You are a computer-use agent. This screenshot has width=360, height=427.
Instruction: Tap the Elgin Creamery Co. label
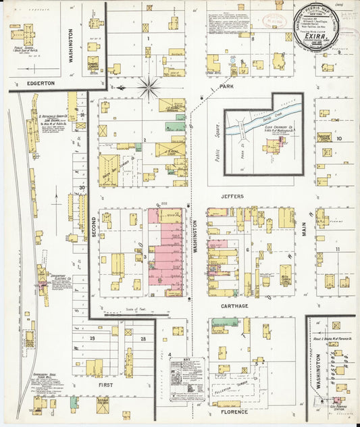tap(278, 128)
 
